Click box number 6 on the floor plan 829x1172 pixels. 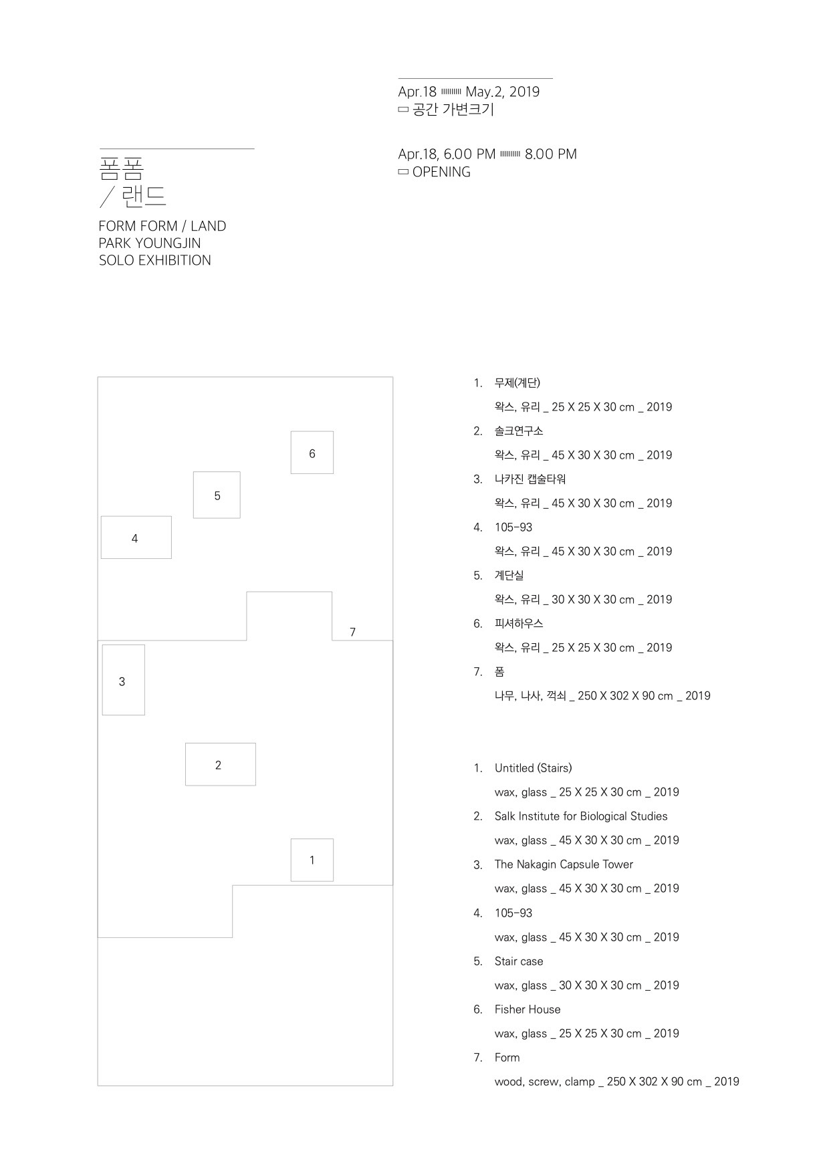click(x=312, y=453)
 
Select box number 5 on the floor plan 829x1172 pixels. click(x=217, y=495)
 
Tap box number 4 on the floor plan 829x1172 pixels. click(x=136, y=538)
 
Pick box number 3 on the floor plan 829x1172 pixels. click(x=123, y=680)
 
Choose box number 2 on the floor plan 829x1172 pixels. click(x=220, y=764)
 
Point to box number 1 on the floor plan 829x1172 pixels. click(x=312, y=860)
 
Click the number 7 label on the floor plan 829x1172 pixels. click(x=352, y=632)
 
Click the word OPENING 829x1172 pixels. click(x=441, y=172)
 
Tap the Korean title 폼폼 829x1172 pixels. click(x=121, y=167)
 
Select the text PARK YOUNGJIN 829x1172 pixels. click(x=149, y=243)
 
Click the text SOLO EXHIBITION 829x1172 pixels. click(x=154, y=261)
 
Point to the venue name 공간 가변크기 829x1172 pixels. click(x=453, y=110)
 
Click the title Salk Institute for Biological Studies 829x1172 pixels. click(x=580, y=816)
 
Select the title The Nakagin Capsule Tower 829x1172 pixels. click(x=563, y=864)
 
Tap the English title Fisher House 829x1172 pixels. click(x=527, y=1010)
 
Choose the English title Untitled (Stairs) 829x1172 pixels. click(x=533, y=768)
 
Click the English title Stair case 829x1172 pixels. click(x=518, y=961)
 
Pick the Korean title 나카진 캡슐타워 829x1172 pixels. click(x=530, y=479)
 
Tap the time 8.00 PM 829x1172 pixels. click(x=550, y=154)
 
